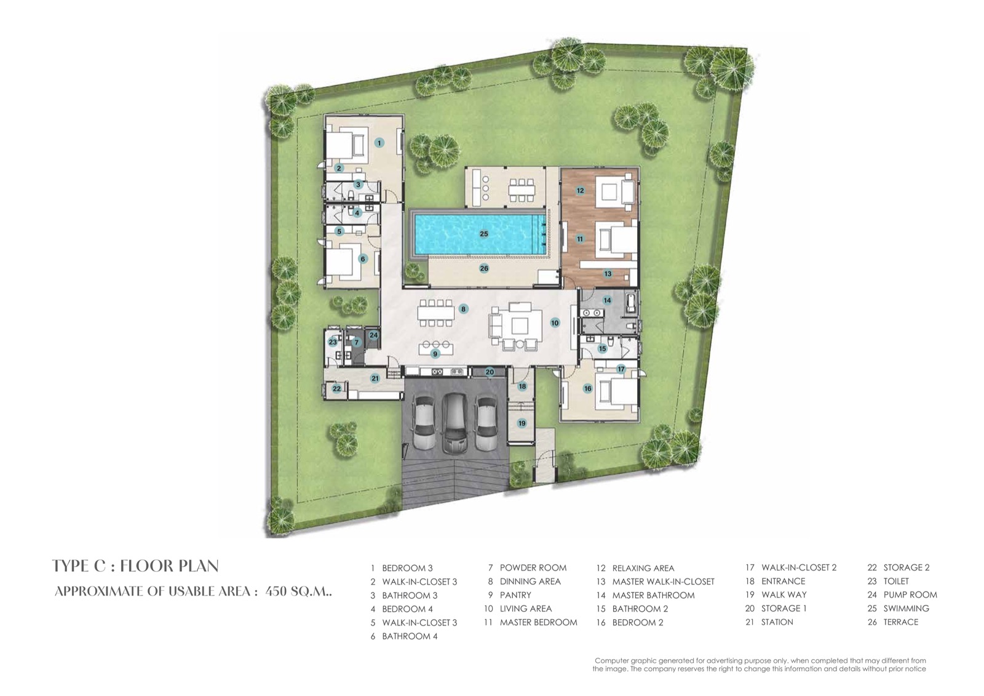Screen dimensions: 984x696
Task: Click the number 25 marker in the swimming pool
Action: coord(483,234)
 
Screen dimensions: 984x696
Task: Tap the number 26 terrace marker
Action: coord(483,268)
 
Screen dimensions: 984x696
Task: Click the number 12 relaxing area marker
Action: coord(581,190)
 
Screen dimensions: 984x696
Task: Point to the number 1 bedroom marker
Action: coord(379,142)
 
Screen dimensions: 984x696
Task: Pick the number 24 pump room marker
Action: coord(373,335)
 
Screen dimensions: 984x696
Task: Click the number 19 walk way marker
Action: coord(522,423)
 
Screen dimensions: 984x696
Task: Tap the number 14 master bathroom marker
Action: coord(607,301)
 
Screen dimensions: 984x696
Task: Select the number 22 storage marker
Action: coord(336,389)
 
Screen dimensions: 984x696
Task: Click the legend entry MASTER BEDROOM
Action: coord(538,623)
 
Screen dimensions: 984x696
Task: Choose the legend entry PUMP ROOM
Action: coord(910,595)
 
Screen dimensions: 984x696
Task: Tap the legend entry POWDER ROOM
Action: coord(533,568)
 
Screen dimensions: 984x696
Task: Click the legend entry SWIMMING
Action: coord(907,609)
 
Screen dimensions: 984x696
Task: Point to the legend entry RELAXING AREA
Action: coord(643,568)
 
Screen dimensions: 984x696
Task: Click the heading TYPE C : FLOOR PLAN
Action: coord(135,566)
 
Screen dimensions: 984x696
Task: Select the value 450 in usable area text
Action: coord(276,592)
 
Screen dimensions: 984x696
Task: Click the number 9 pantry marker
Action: coord(435,354)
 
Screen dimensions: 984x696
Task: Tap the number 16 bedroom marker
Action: coord(587,389)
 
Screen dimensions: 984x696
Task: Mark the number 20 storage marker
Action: coord(490,372)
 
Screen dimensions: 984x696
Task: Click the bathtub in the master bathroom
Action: coord(631,303)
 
